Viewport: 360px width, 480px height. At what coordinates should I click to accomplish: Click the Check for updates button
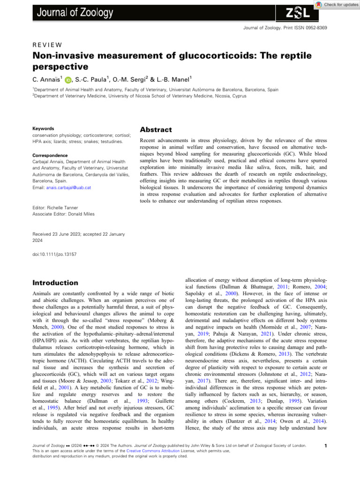pos(337,4)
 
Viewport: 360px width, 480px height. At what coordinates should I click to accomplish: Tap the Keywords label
pos(43,128)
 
